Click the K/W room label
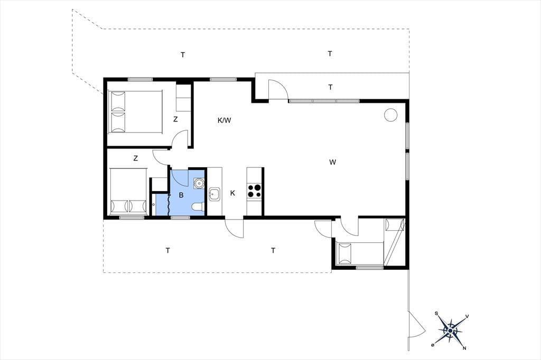click(x=224, y=120)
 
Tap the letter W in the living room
click(x=333, y=162)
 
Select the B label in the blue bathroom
click(x=181, y=195)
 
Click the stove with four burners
click(x=255, y=191)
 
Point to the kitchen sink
click(x=214, y=194)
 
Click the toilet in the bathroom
click(x=198, y=206)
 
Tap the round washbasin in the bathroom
click(x=199, y=183)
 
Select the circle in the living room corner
click(x=390, y=115)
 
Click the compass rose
click(x=450, y=331)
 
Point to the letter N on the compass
click(x=465, y=347)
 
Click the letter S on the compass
click(x=436, y=314)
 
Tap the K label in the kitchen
click(x=232, y=193)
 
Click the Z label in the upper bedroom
click(x=175, y=120)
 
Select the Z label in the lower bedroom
click(x=136, y=158)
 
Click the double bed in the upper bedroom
click(x=135, y=112)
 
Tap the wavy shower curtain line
click(x=169, y=204)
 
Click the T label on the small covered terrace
click(x=331, y=87)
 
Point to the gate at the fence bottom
click(x=417, y=324)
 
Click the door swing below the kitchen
click(x=234, y=228)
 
